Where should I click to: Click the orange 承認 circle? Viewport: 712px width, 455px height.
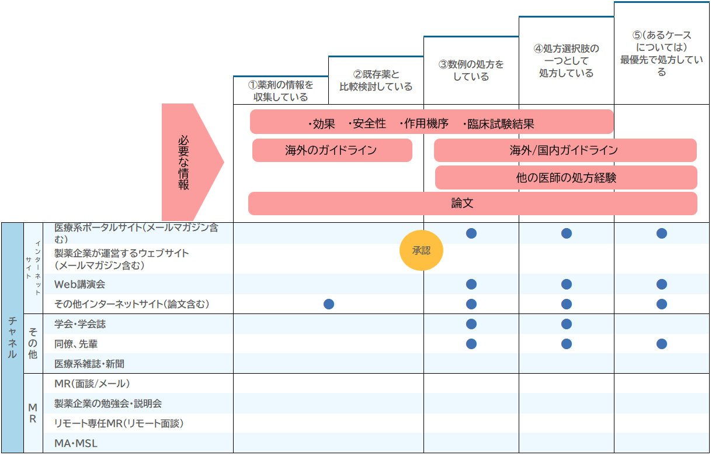pyautogui.click(x=421, y=251)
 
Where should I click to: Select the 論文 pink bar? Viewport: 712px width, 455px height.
pyautogui.click(x=473, y=204)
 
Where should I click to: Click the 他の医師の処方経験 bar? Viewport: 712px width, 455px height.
pyautogui.click(x=566, y=178)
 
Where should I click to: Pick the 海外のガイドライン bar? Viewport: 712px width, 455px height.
pyautogui.click(x=332, y=150)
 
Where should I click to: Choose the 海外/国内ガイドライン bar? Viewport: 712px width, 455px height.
pyautogui.click(x=565, y=150)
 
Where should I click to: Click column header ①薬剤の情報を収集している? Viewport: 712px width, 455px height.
pyautogui.click(x=280, y=91)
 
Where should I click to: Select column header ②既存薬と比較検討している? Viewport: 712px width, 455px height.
pyautogui.click(x=376, y=81)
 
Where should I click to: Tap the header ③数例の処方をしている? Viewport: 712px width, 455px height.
pyautogui.click(x=471, y=70)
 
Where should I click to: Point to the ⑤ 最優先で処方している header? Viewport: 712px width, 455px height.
pyautogui.click(x=661, y=54)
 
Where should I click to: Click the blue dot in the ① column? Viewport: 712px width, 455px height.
pyautogui.click(x=329, y=304)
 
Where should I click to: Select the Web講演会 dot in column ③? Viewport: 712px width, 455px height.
pyautogui.click(x=471, y=284)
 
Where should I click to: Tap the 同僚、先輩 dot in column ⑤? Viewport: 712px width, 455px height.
pyautogui.click(x=661, y=344)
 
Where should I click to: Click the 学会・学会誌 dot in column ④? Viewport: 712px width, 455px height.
pyautogui.click(x=567, y=324)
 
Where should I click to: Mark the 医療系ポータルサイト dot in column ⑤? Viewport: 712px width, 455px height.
pyautogui.click(x=661, y=233)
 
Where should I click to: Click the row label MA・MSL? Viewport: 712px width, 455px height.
pyautogui.click(x=76, y=443)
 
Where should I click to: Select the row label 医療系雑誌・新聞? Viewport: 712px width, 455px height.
pyautogui.click(x=89, y=364)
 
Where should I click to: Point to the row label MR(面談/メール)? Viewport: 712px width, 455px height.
pyautogui.click(x=92, y=384)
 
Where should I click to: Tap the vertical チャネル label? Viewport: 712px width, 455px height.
pyautogui.click(x=12, y=337)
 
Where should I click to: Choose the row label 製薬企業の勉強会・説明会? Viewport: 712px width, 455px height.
pyautogui.click(x=108, y=404)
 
